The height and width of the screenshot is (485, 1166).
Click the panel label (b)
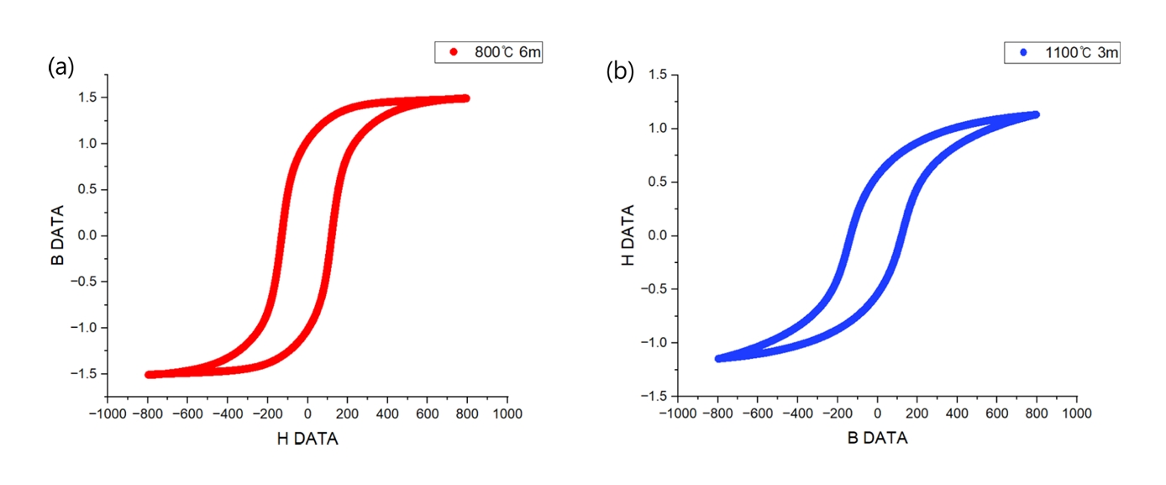coord(620,72)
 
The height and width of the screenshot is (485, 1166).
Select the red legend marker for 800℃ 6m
coord(454,53)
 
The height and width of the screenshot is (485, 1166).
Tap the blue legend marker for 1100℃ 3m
coord(1023,53)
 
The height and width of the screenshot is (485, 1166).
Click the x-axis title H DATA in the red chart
coord(307,439)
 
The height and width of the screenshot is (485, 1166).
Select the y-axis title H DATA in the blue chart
coord(628,236)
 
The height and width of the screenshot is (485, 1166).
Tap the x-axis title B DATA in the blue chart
coord(877,439)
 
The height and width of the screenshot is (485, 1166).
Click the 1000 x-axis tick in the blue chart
coord(1076,414)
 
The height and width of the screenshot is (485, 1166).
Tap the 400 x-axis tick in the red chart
coord(386,414)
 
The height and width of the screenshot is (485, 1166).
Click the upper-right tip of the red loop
coord(465,98)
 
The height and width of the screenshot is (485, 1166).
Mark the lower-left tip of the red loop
coord(149,375)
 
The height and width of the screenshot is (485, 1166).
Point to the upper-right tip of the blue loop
coord(1036,114)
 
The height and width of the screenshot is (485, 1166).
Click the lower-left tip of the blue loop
coord(719,359)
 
